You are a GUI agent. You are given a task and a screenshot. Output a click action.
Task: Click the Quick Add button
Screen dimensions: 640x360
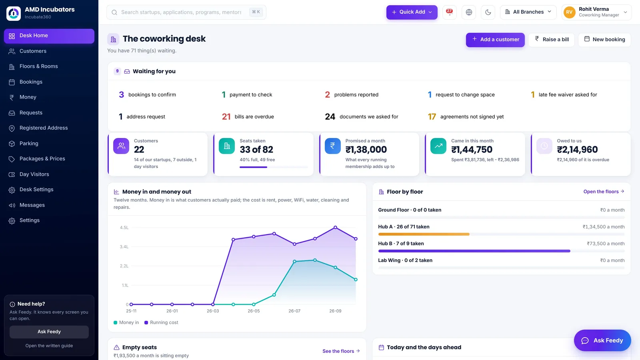[x=412, y=12]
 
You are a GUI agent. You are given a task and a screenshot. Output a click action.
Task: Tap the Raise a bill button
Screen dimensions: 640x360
[x=552, y=40]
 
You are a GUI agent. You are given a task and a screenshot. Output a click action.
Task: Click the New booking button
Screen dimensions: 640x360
[x=604, y=40]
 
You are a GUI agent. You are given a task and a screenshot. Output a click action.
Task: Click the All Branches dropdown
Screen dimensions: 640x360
[x=528, y=12]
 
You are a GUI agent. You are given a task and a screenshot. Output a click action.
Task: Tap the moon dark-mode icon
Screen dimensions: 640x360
[x=488, y=12]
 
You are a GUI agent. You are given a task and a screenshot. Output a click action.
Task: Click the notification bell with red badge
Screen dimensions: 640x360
[x=450, y=12]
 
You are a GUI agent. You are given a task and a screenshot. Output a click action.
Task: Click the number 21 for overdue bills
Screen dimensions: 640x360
[x=226, y=116]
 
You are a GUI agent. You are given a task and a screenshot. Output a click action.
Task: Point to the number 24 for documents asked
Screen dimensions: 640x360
[x=330, y=116]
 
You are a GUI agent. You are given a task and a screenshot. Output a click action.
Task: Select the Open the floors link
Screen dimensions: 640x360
[x=604, y=192]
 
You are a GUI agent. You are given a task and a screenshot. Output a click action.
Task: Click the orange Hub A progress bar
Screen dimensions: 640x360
[x=424, y=234]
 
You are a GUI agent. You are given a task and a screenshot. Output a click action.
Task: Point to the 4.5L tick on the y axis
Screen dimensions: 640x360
[x=124, y=228]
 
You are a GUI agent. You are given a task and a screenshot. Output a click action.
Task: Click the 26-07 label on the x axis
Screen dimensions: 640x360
[x=294, y=311]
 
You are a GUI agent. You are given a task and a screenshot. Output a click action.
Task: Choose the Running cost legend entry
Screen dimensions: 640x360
[x=161, y=322]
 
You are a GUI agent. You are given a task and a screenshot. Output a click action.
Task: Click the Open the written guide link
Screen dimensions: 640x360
[x=49, y=346]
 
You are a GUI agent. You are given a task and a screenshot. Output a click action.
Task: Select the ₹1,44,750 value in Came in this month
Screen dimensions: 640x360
[x=472, y=150]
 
